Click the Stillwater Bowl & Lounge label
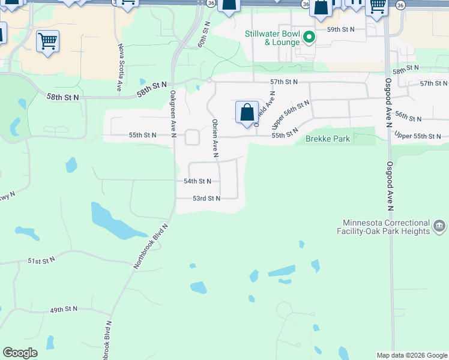pyautogui.click(x=272, y=38)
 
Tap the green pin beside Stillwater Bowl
pyautogui.click(x=309, y=38)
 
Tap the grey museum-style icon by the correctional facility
pyautogui.click(x=439, y=226)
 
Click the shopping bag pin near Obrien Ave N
pyautogui.click(x=247, y=112)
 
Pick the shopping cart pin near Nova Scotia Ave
pyautogui.click(x=47, y=42)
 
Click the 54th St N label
pyautogui.click(x=197, y=181)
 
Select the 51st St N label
pyautogui.click(x=41, y=260)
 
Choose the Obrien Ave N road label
pyautogui.click(x=214, y=138)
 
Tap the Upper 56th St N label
pyautogui.click(x=290, y=114)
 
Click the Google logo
pyautogui.click(x=20, y=353)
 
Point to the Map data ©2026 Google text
pyautogui.click(x=411, y=355)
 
